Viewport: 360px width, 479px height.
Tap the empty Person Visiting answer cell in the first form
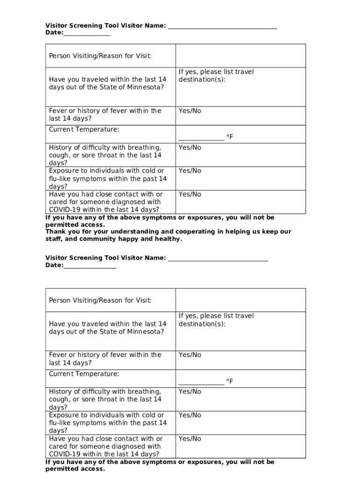240,56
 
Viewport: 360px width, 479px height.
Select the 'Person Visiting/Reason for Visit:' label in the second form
100,300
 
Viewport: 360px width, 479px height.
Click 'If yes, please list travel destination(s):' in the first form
216,76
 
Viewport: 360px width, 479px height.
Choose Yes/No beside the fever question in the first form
189,111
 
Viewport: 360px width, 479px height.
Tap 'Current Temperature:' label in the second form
84,374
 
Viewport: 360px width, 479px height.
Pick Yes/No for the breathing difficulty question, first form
189,148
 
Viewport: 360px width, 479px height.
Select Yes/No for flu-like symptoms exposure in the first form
189,171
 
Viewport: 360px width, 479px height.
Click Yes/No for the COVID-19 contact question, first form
189,195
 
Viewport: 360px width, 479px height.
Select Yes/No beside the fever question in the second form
189,355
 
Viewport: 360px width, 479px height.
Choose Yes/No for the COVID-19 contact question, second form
189,439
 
